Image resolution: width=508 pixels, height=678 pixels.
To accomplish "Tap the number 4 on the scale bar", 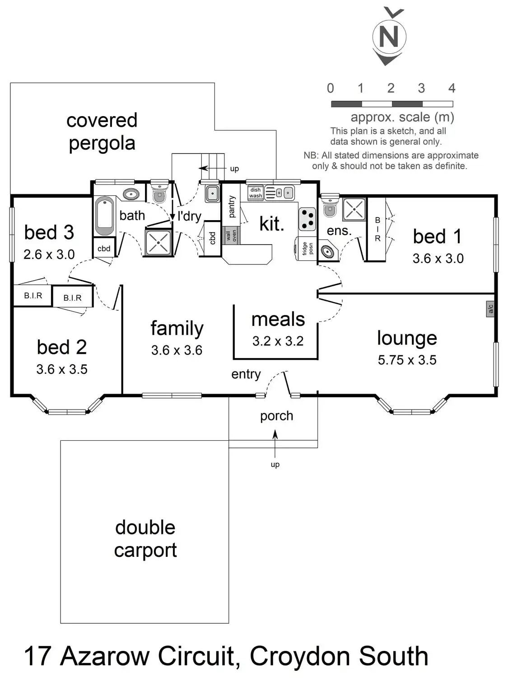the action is click(x=452, y=88).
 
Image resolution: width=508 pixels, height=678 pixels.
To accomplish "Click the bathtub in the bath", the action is click(x=105, y=216).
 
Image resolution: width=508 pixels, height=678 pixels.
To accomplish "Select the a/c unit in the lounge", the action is click(x=490, y=309).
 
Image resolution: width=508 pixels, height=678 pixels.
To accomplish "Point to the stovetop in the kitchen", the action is click(x=307, y=219).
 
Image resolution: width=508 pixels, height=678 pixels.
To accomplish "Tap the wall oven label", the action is click(x=231, y=235).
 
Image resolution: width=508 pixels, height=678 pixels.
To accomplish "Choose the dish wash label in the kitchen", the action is click(x=256, y=193).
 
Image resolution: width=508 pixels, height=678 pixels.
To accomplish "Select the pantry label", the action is click(x=232, y=207).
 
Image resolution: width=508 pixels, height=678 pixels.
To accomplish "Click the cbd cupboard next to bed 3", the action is click(x=104, y=249).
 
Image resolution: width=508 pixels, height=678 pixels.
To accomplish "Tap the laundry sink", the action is click(x=212, y=193).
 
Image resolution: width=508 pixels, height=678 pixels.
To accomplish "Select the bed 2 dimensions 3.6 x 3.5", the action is click(x=62, y=369).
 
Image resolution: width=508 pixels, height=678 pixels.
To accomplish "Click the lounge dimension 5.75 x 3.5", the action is click(x=407, y=360).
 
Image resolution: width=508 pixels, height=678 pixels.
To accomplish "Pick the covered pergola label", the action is click(x=102, y=132).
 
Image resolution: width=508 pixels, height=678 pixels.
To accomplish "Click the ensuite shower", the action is click(x=354, y=209).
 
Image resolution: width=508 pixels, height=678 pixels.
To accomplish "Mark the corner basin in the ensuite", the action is click(x=327, y=251).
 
